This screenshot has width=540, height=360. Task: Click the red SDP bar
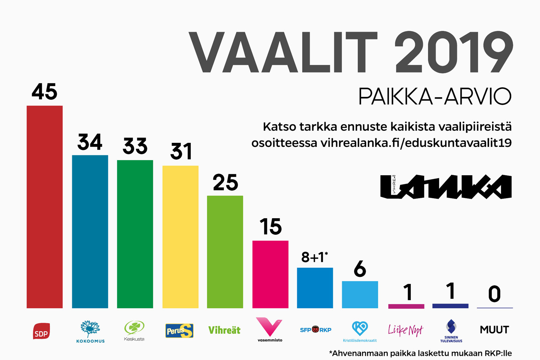tap(45, 207)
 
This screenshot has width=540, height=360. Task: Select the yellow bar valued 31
tap(180, 237)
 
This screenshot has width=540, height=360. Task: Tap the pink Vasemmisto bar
tap(270, 274)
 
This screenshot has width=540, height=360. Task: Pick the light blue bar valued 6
tap(360, 294)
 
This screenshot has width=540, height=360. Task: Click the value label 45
tap(45, 92)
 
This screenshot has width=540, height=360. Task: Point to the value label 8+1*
tap(315, 257)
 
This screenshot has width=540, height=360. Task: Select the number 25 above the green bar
tap(225, 182)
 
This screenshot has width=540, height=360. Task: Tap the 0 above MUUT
tap(494, 294)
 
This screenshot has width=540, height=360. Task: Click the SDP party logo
tap(42, 331)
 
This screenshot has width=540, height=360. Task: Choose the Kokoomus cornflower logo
tap(90, 332)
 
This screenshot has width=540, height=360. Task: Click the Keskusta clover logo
tap(134, 331)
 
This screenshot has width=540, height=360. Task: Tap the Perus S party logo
tap(179, 331)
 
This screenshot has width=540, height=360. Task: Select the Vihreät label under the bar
tap(224, 330)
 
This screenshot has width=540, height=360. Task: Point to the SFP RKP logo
tap(316, 330)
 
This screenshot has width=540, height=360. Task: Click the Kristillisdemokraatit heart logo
tap(360, 332)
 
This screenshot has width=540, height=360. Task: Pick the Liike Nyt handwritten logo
tap(406, 330)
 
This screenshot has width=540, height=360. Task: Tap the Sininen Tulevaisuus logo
tap(451, 331)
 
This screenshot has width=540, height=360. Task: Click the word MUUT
tap(494, 330)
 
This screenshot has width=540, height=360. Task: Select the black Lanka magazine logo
tap(446, 187)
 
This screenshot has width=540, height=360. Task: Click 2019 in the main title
tap(454, 52)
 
